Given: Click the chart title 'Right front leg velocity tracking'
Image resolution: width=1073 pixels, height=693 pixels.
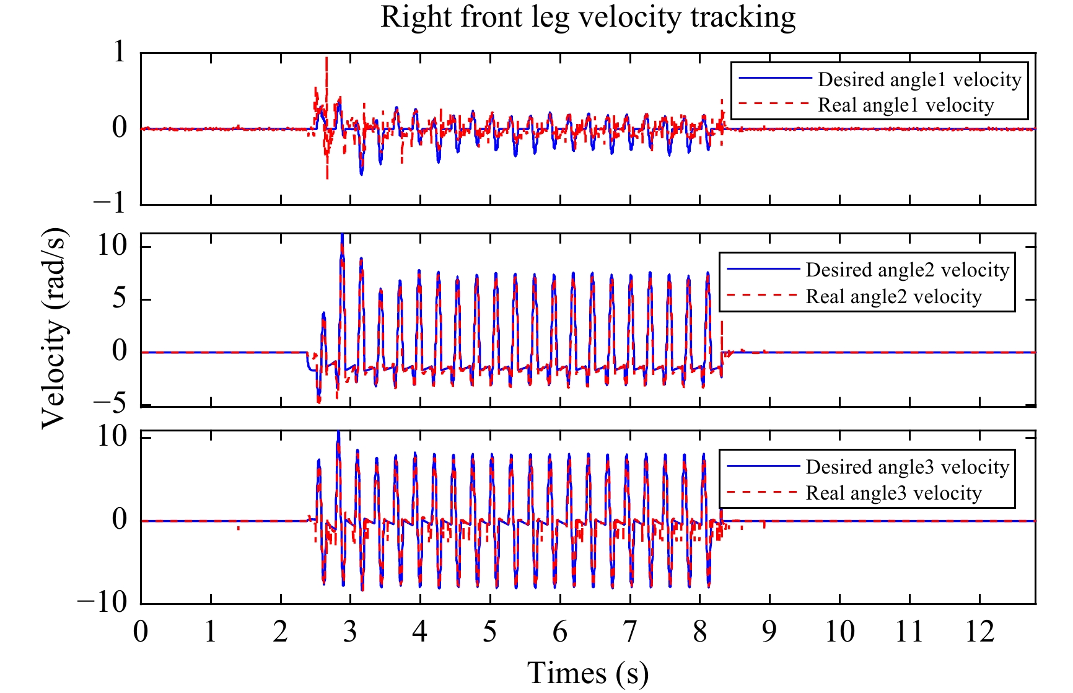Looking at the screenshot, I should [x=588, y=17].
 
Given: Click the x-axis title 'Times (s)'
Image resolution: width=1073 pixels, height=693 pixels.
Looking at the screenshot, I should [x=588, y=673].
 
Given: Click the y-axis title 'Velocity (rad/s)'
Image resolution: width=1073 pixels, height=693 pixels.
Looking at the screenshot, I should [x=54, y=329].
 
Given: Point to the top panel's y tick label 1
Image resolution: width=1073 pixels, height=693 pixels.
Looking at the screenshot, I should [x=120, y=52].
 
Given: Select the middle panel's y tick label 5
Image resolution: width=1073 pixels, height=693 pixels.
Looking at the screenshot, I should [x=120, y=299].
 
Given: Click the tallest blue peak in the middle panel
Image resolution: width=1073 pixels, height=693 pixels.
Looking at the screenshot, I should [x=342, y=236].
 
